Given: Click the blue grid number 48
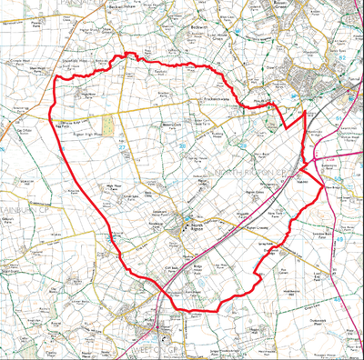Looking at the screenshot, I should pyautogui.click(x=5, y=355).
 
